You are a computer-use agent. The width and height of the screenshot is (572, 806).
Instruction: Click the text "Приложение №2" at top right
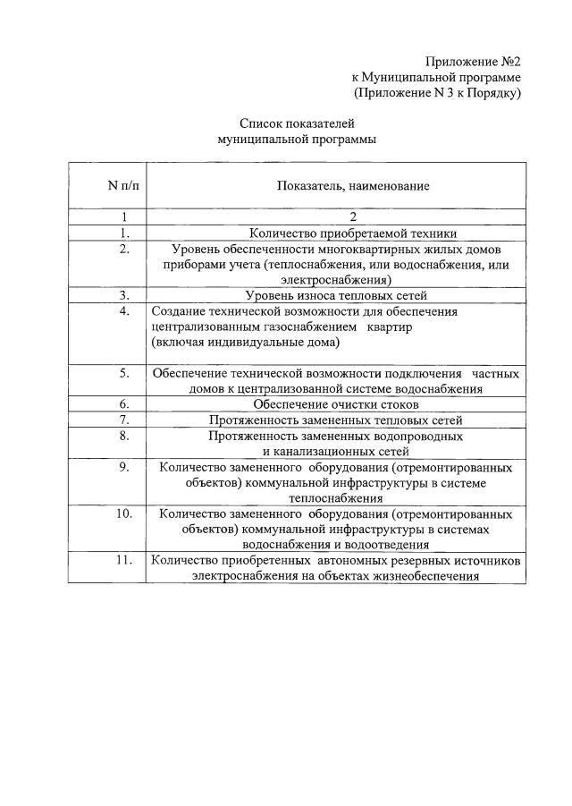[x=473, y=62]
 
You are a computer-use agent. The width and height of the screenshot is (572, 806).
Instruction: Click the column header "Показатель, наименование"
[x=353, y=186]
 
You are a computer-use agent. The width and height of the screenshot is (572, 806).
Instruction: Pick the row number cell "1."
[x=124, y=232]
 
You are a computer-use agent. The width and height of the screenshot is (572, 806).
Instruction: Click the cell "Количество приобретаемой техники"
[x=353, y=232]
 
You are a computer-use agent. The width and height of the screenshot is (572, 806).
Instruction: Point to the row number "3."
[x=124, y=294]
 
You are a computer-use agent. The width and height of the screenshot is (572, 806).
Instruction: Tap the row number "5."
[x=124, y=372]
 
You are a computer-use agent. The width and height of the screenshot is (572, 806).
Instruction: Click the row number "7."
[x=124, y=420]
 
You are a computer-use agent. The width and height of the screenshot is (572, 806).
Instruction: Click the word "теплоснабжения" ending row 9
[x=336, y=498]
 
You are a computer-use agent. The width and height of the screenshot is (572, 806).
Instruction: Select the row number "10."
[x=124, y=513]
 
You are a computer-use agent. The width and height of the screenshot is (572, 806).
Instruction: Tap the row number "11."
[x=124, y=561]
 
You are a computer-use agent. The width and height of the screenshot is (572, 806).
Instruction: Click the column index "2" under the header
[x=353, y=216]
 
